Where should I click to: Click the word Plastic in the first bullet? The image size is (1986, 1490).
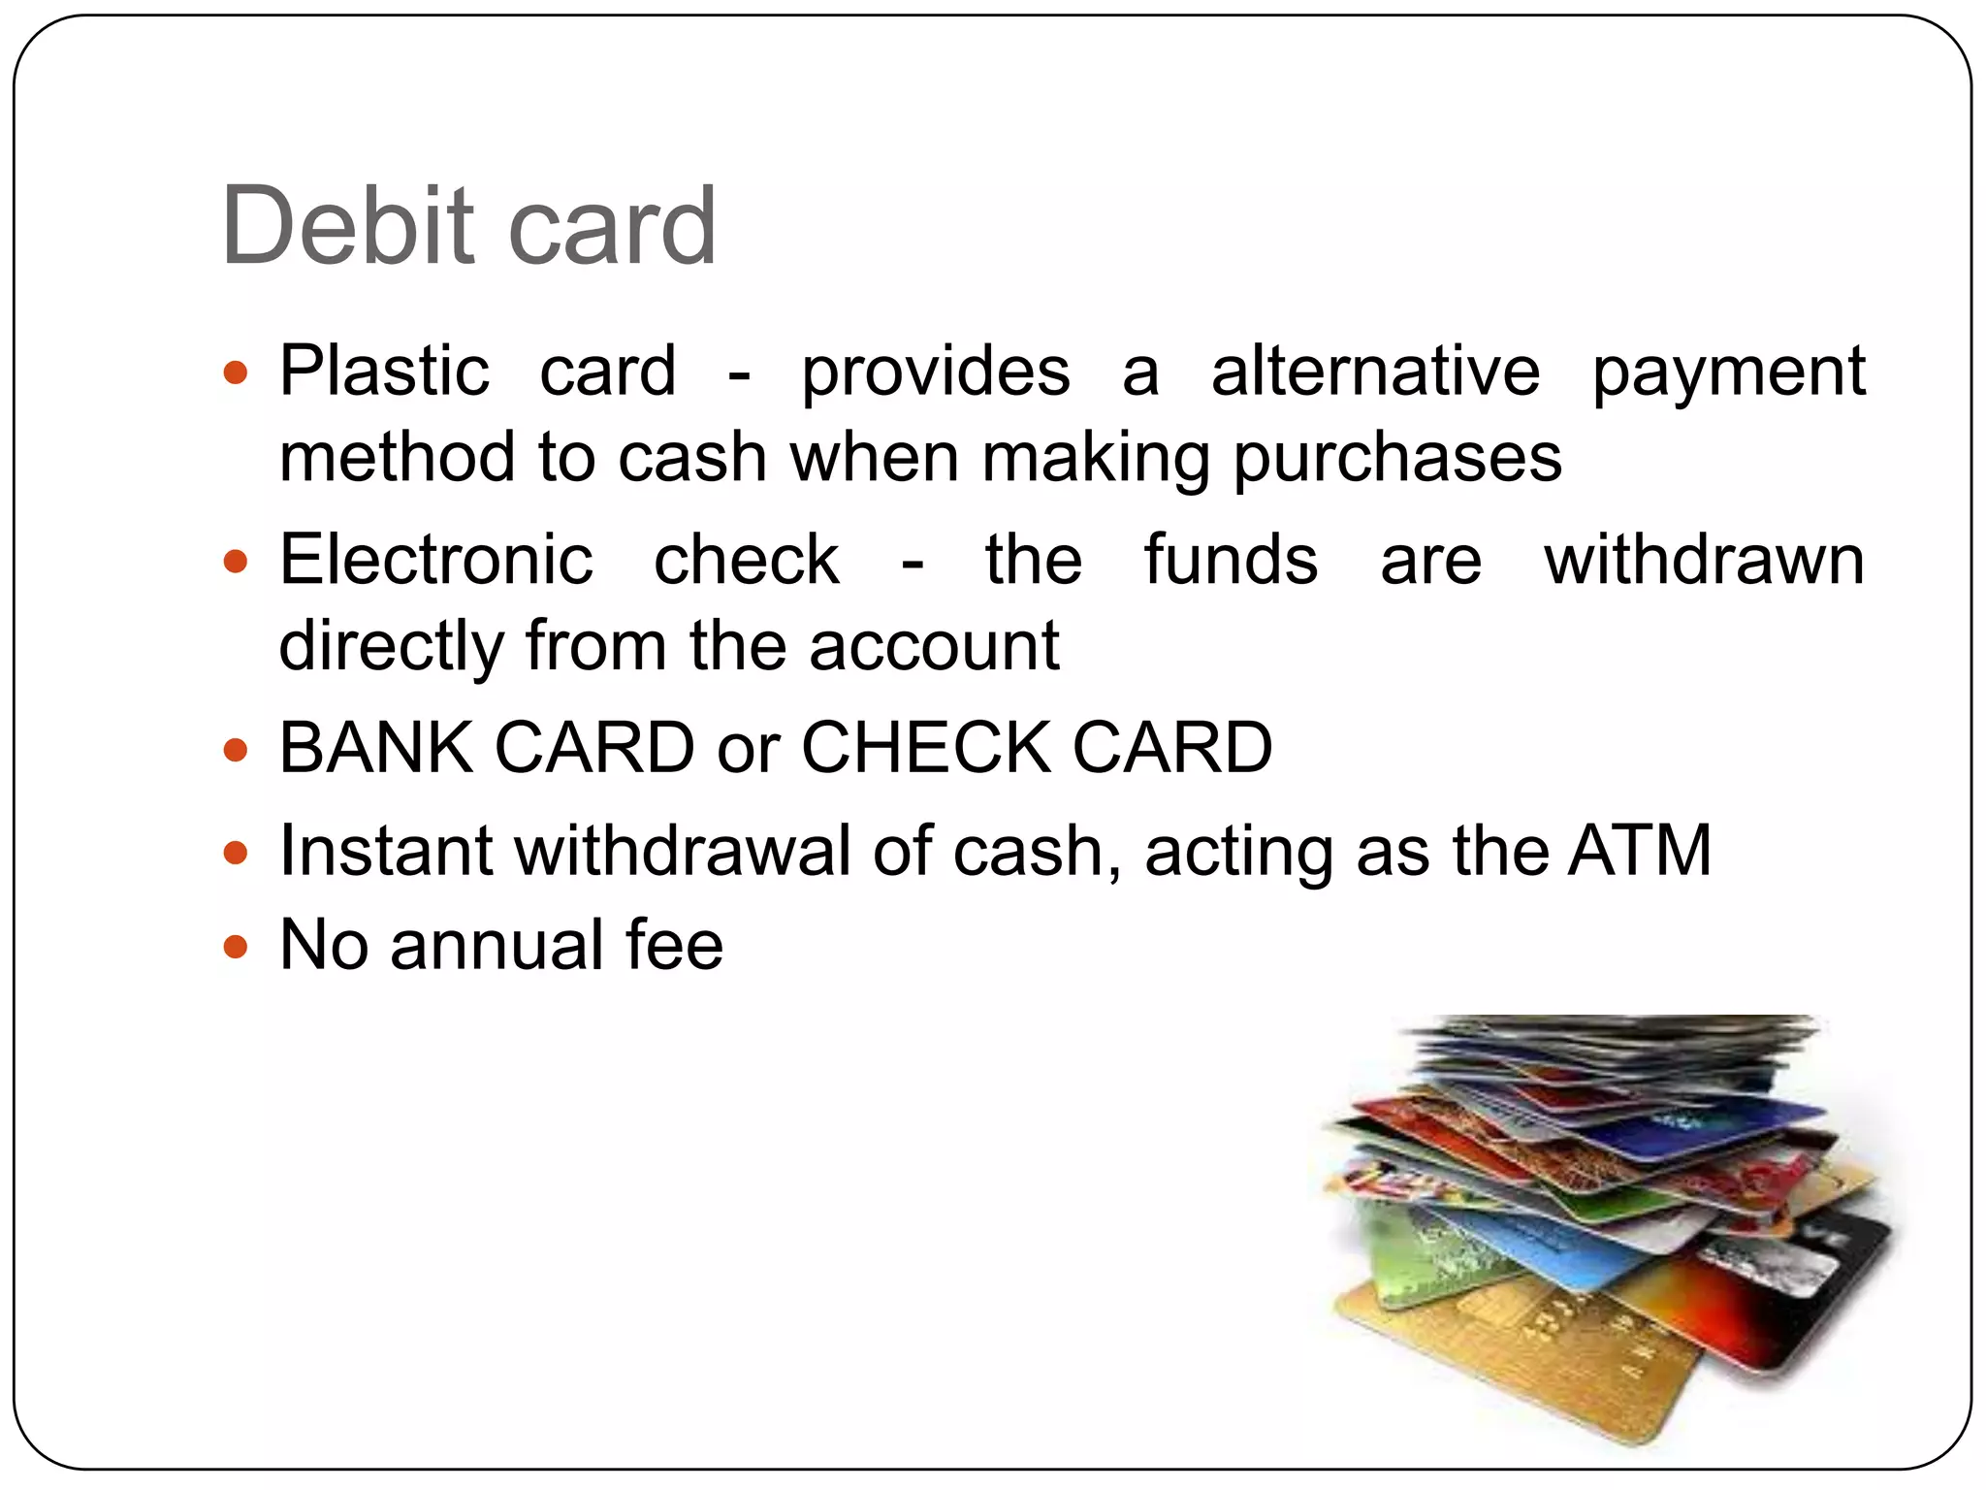click(x=384, y=372)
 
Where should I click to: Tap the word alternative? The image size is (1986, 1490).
click(x=1375, y=372)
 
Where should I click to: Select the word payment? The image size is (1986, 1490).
click(x=1728, y=373)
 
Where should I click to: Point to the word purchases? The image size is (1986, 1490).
click(x=1397, y=459)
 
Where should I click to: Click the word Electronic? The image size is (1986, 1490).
click(x=435, y=560)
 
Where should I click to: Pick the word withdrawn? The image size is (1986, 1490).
click(x=1704, y=560)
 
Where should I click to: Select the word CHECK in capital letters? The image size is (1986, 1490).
click(x=925, y=748)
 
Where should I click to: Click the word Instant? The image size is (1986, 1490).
click(x=386, y=851)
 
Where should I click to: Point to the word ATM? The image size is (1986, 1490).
click(x=1640, y=851)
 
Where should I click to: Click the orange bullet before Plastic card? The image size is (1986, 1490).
click(x=236, y=372)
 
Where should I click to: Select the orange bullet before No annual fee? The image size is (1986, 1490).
click(x=236, y=946)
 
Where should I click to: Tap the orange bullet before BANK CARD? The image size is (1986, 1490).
click(x=236, y=750)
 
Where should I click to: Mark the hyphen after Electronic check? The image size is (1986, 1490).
click(x=912, y=563)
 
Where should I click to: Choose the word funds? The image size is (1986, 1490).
click(x=1231, y=560)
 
